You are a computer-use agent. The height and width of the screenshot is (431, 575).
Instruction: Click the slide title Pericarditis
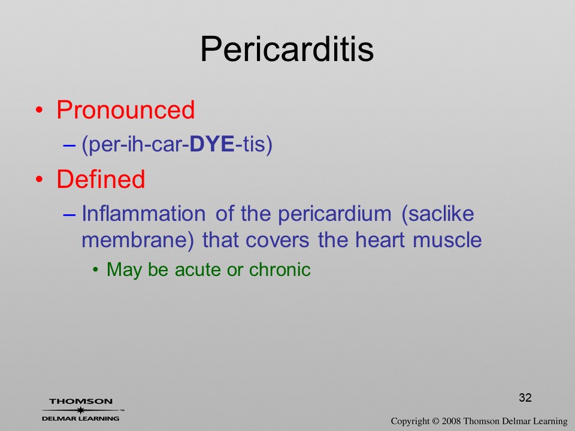(x=287, y=49)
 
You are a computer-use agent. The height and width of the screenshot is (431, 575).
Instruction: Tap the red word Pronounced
(x=125, y=110)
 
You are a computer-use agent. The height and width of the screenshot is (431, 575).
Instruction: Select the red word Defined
(x=101, y=179)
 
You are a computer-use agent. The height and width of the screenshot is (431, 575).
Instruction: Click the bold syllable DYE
(x=212, y=144)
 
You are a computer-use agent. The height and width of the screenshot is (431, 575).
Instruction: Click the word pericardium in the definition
(x=335, y=215)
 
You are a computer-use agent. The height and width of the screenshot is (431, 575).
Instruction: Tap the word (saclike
(x=438, y=214)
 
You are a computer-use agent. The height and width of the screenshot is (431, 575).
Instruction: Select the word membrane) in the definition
(x=138, y=241)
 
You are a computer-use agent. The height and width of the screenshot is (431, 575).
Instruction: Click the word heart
(x=380, y=240)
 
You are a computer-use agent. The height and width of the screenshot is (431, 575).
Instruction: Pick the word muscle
(x=447, y=240)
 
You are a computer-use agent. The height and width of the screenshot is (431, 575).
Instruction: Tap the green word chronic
(x=280, y=269)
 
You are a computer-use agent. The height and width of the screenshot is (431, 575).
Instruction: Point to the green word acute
(x=198, y=270)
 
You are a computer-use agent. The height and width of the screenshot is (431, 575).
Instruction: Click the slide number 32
(x=525, y=397)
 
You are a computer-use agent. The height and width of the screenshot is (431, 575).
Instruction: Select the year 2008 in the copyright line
(x=451, y=421)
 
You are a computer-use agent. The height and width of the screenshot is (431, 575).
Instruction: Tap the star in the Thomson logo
(x=80, y=410)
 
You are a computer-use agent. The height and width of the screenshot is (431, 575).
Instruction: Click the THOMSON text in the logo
(x=81, y=401)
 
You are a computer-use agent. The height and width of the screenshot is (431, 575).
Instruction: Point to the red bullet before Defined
(x=39, y=179)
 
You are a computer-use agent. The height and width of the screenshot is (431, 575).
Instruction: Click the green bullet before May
(x=96, y=270)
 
